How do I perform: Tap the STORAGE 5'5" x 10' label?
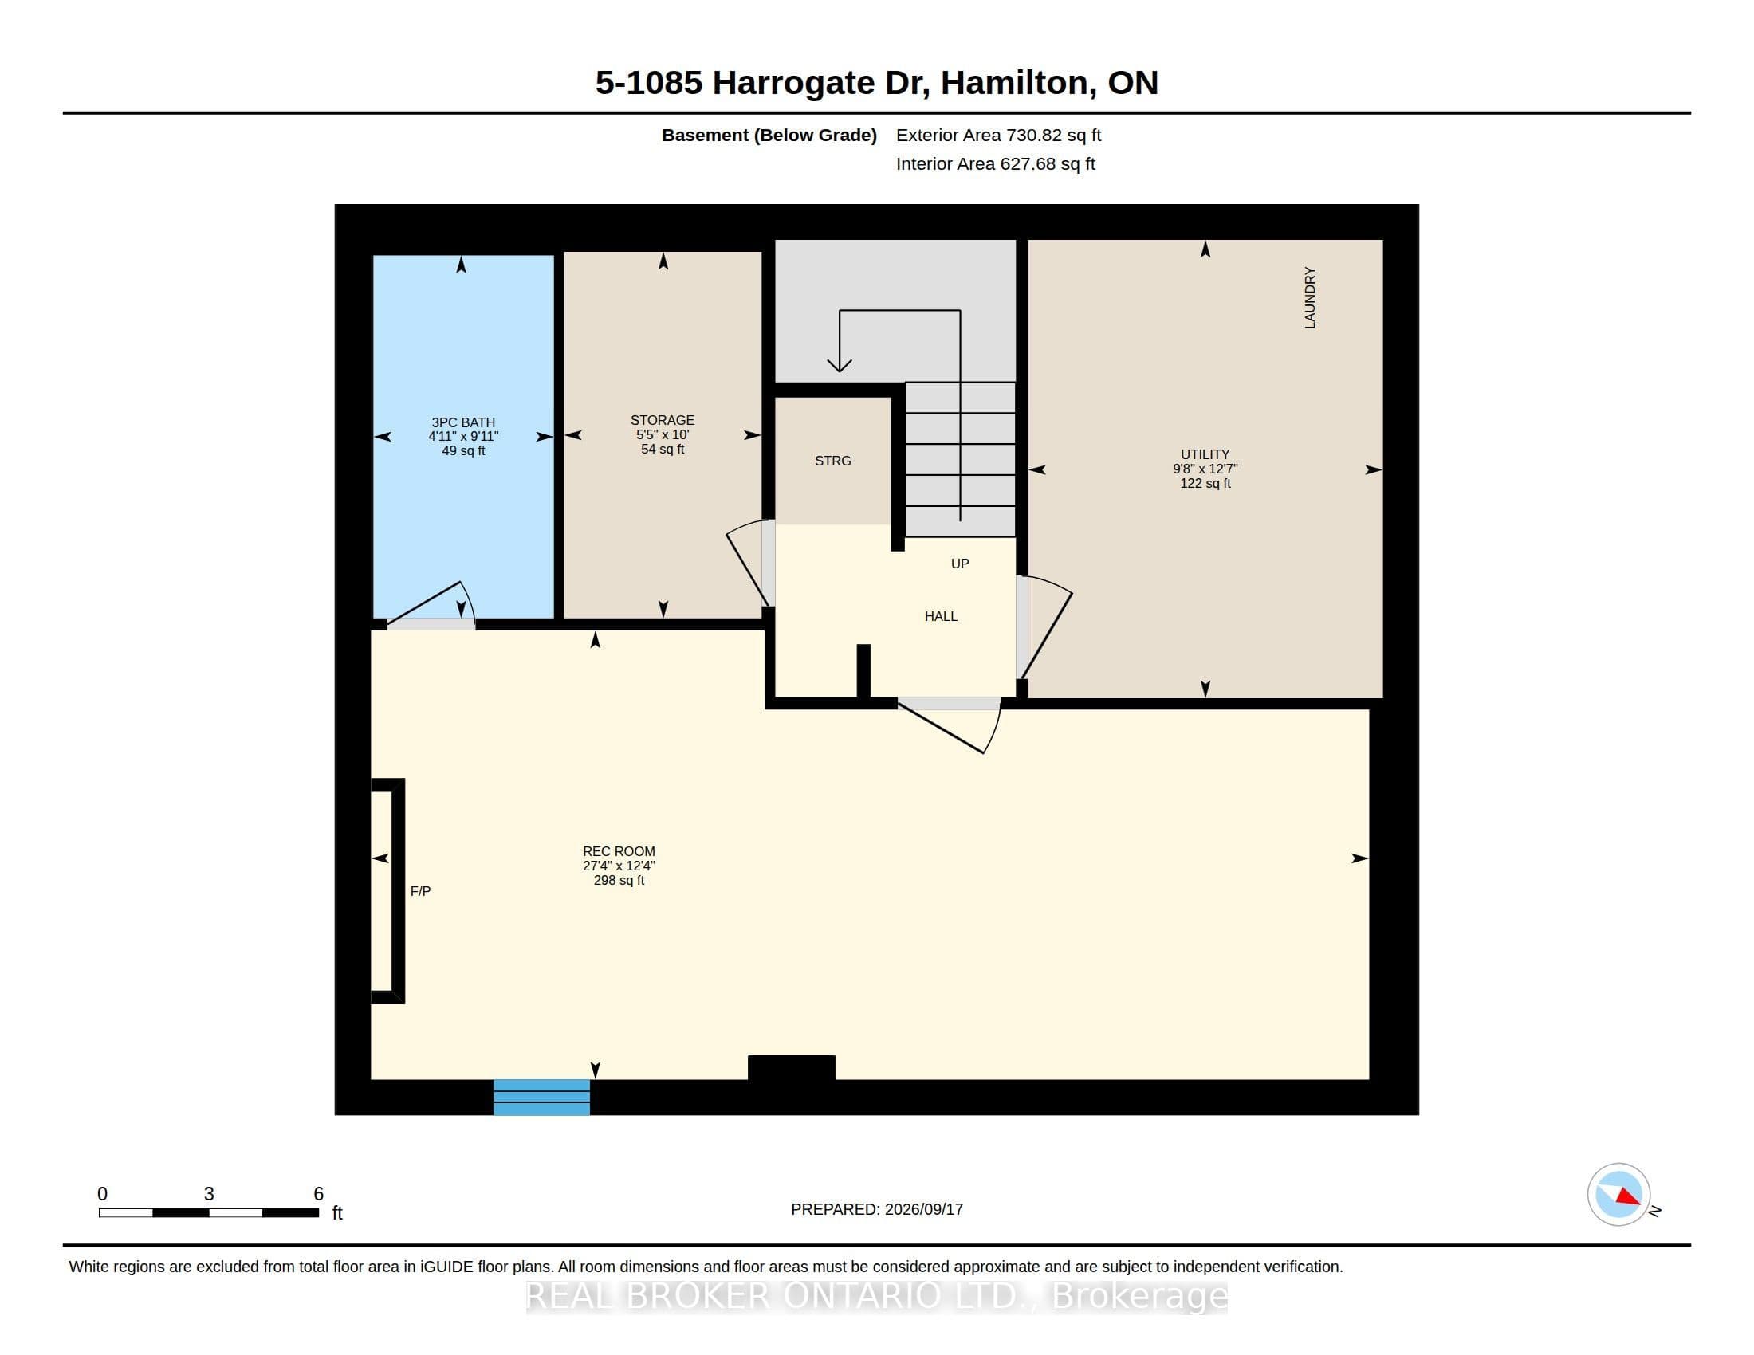[x=663, y=434]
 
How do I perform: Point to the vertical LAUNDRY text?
[x=1310, y=298]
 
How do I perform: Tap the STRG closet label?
[x=833, y=461]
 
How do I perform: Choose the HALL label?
[x=941, y=616]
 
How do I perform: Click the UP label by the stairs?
[x=960, y=564]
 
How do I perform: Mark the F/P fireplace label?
[x=420, y=891]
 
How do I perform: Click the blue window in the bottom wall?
[x=541, y=1098]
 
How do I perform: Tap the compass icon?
[x=1618, y=1195]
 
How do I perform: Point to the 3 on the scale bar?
[x=209, y=1194]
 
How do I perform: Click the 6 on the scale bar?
[x=318, y=1194]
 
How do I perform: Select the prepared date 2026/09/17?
[x=922, y=1209]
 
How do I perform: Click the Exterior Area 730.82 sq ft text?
[x=998, y=135]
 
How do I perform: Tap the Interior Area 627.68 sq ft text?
[x=995, y=163]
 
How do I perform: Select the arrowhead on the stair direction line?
[x=840, y=365]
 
